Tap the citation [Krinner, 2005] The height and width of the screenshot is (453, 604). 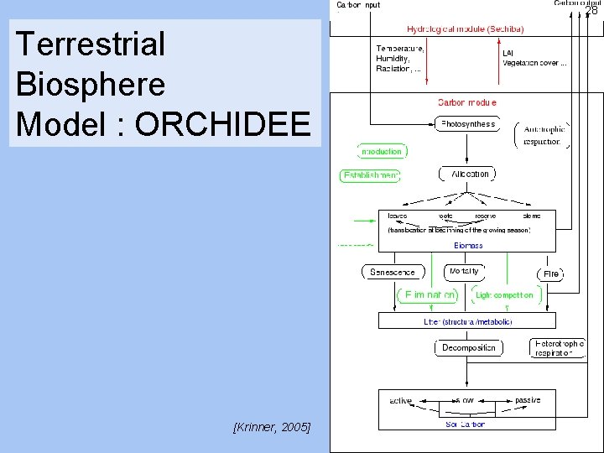tap(271, 428)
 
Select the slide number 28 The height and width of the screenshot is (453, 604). tap(591, 10)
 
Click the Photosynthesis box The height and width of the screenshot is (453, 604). tap(467, 124)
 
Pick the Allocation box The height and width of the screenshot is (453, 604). tap(467, 174)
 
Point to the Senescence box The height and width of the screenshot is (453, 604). tap(393, 272)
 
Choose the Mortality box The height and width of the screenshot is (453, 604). tap(465, 272)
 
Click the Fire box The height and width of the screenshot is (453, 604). tap(550, 274)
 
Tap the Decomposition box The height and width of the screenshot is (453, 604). tap(468, 347)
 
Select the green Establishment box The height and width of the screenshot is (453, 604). tap(370, 176)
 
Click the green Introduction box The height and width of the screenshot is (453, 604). tap(382, 152)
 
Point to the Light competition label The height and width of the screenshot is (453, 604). tap(503, 295)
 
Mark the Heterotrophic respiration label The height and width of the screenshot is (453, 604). tap(559, 347)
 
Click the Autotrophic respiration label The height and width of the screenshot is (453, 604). tap(544, 135)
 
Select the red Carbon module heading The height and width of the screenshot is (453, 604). tap(467, 102)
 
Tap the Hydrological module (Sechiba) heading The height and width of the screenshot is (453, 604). tap(465, 29)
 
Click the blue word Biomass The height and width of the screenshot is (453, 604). tap(468, 246)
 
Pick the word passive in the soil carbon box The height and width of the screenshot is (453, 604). tap(528, 400)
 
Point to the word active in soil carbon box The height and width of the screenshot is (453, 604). tap(400, 401)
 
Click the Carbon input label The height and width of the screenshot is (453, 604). tap(358, 5)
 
